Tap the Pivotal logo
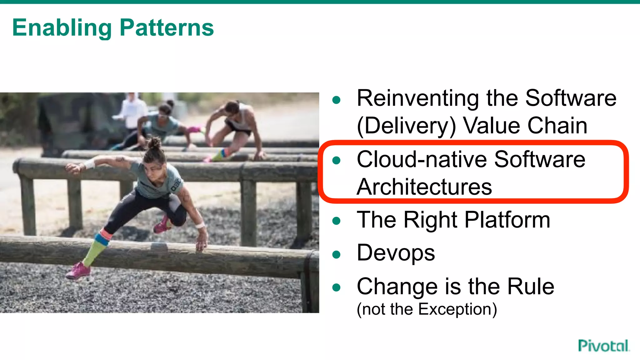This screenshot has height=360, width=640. pos(603,346)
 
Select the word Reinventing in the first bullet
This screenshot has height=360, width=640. pos(417,98)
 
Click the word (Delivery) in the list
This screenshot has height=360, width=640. pos(406,126)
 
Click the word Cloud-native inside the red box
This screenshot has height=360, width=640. pos(422,159)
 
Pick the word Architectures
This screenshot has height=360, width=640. pos(424,187)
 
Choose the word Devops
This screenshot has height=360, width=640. pos(396,253)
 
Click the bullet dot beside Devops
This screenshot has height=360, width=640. pos(336,254)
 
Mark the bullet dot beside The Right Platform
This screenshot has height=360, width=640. pos(336,221)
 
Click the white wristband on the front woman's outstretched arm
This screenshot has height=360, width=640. pos(89,164)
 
